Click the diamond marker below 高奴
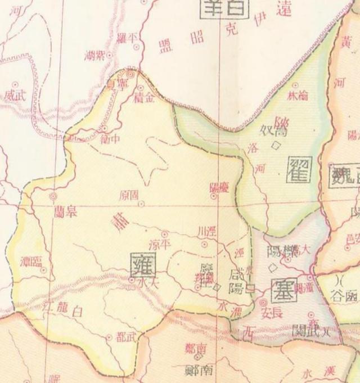click(x=276, y=145)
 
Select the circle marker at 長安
click(x=263, y=303)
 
